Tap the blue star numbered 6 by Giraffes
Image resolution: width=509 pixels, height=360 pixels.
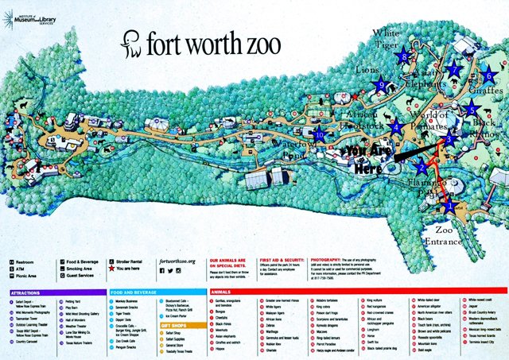click(488, 76)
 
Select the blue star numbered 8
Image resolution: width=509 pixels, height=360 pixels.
click(406, 56)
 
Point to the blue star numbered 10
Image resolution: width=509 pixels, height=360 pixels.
click(319, 134)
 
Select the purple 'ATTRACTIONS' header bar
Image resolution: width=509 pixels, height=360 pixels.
click(52, 293)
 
